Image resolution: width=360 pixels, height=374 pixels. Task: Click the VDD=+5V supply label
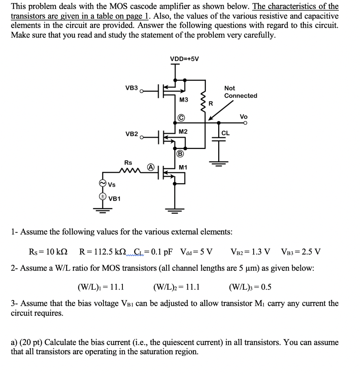click(185, 59)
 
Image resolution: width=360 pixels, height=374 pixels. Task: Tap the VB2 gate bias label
click(132, 134)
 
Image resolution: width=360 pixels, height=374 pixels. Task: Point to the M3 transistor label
click(183, 100)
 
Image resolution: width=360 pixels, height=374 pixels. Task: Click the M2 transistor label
click(183, 131)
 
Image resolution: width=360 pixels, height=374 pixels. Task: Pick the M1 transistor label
click(183, 167)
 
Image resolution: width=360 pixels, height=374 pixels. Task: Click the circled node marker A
click(151, 166)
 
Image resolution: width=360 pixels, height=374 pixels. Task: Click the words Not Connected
click(240, 92)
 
